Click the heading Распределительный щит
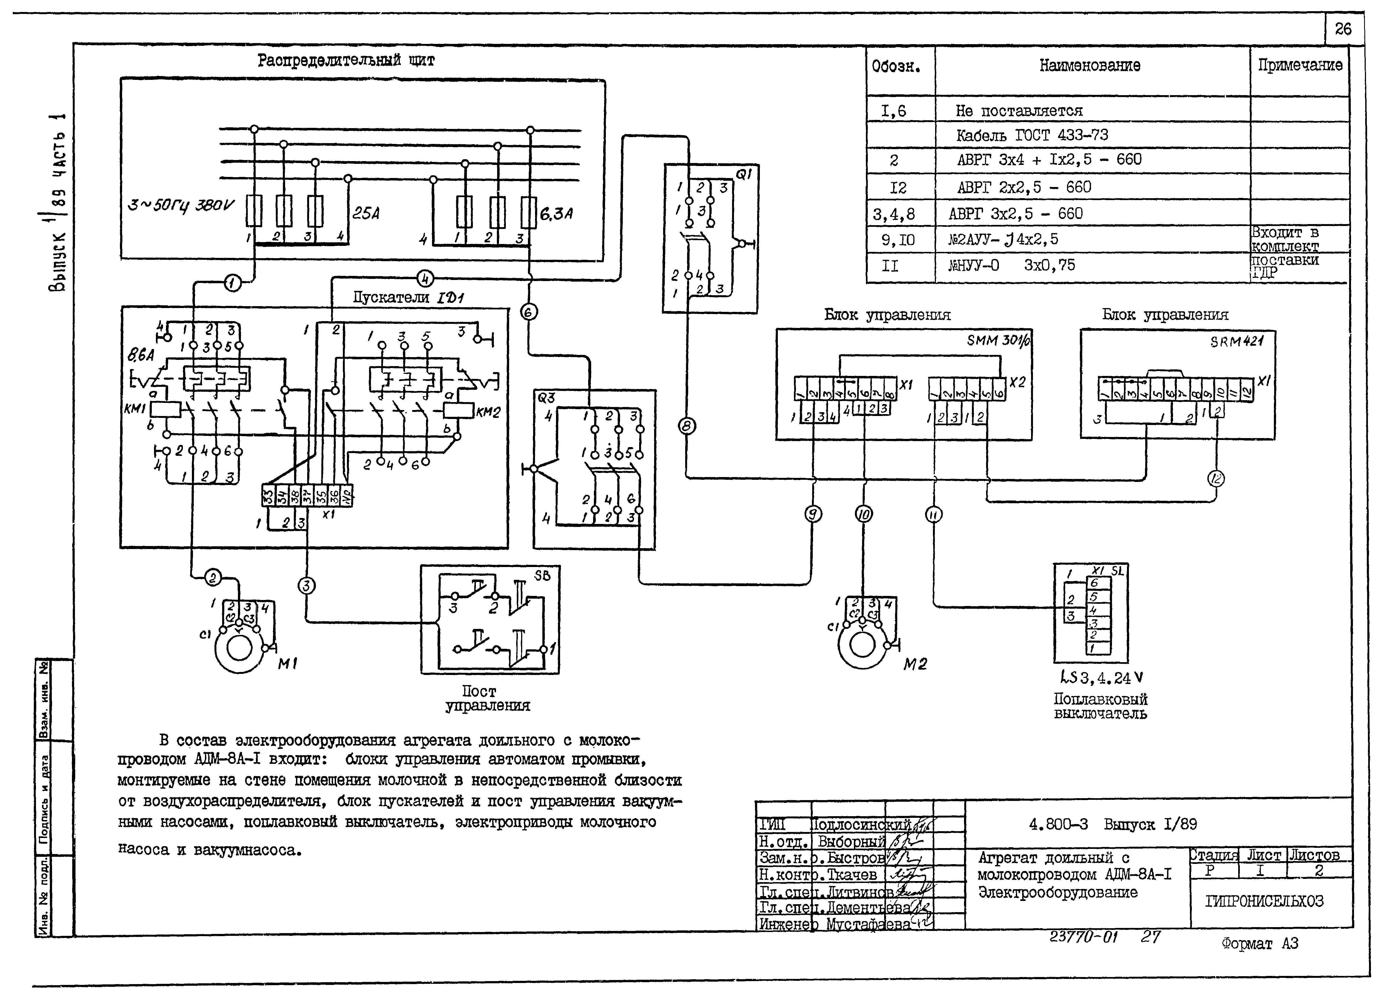(x=346, y=61)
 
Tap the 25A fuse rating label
(x=366, y=214)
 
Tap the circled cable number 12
(x=1216, y=478)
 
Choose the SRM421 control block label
(x=1236, y=342)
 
